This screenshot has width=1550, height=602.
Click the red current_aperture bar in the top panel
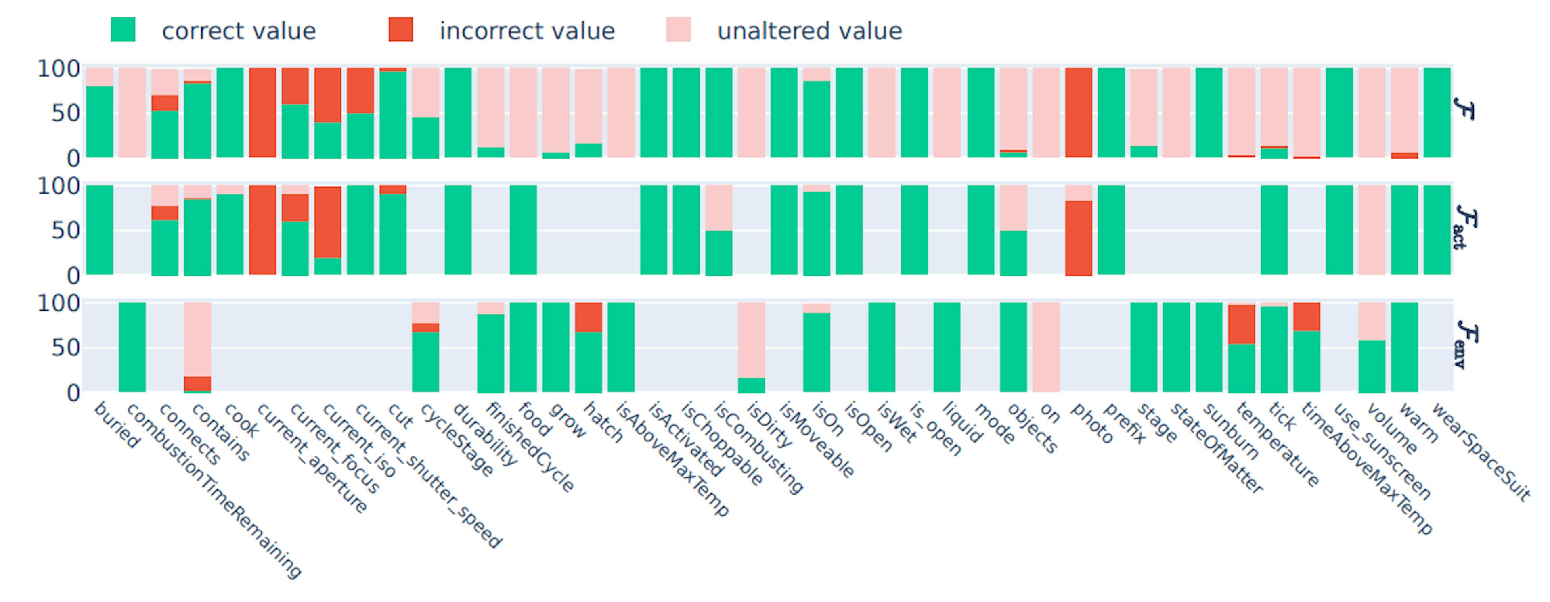pos(262,113)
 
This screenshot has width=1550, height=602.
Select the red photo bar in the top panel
pos(1078,113)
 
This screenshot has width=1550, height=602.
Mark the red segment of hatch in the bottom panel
pos(589,318)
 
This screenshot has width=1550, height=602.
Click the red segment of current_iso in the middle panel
pos(328,222)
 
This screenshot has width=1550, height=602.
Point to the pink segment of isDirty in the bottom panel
pos(752,340)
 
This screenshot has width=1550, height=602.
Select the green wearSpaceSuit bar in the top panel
pos(1437,113)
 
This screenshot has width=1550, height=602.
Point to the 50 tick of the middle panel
pos(65,230)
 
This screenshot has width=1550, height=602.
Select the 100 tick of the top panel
pos(59,69)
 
